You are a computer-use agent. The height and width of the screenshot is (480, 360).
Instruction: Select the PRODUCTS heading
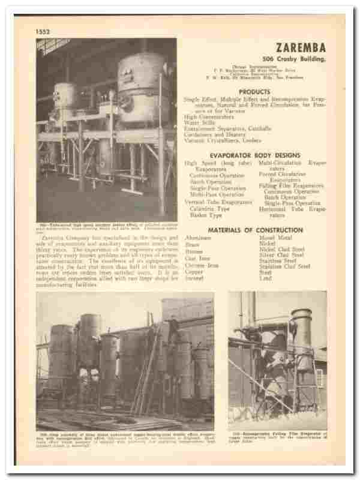pos(254,91)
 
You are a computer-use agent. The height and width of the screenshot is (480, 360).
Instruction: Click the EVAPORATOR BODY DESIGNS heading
pos(254,155)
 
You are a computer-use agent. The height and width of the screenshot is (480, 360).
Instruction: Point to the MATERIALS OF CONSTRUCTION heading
pos(254,230)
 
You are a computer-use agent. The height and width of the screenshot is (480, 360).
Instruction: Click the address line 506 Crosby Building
pos(295,59)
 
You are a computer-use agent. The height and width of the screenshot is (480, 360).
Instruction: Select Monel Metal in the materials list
pos(274,238)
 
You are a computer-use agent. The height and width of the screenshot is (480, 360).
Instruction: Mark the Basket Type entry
pos(206,214)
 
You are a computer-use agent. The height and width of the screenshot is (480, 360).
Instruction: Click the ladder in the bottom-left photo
pos(147,372)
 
